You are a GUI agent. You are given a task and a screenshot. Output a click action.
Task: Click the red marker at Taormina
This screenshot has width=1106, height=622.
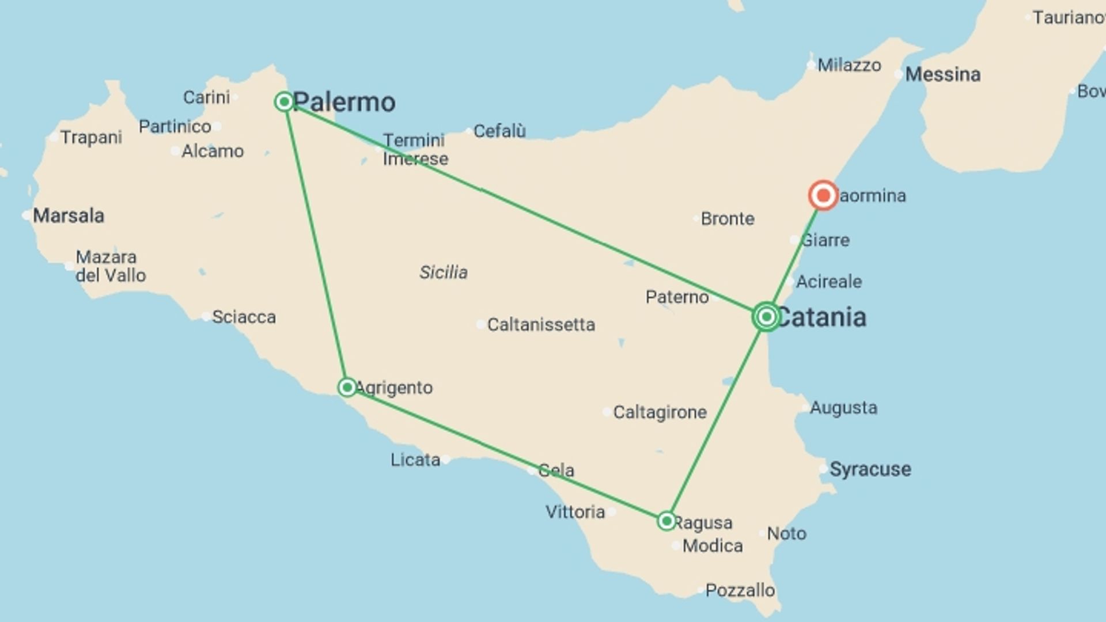click(823, 196)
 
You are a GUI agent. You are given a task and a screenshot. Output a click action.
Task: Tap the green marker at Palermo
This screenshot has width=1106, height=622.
click(284, 102)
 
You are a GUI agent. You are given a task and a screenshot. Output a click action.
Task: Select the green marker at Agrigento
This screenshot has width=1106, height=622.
click(347, 387)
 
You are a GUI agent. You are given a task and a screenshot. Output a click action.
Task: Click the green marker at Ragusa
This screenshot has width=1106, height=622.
click(666, 521)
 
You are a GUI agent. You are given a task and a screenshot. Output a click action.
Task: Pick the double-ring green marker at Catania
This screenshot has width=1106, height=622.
click(766, 316)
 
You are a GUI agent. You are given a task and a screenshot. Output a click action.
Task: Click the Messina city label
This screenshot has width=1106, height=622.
click(942, 74)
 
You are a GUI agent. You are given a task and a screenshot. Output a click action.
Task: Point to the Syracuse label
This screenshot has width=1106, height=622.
click(870, 469)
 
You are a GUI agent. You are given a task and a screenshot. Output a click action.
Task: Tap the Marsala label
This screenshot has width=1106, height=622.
click(69, 216)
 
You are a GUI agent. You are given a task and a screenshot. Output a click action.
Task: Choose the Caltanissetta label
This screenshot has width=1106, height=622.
click(541, 325)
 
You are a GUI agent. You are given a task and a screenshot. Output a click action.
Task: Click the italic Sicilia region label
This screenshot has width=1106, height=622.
click(443, 272)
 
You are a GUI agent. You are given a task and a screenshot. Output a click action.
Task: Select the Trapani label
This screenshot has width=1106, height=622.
click(91, 138)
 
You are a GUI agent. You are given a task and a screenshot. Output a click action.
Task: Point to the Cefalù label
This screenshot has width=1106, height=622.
click(499, 131)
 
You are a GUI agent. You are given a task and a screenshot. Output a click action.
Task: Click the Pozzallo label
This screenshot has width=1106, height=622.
click(740, 590)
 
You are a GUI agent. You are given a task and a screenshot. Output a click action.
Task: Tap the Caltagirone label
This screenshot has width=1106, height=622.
click(660, 412)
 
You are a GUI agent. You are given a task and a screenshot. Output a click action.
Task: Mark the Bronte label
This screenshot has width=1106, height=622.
click(728, 219)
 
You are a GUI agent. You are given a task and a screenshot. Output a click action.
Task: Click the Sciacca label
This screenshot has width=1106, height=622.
click(244, 317)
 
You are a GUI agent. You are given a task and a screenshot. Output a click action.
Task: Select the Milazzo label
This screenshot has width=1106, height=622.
click(849, 65)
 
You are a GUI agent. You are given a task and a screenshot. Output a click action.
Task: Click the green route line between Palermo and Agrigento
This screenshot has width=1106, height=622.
click(315, 244)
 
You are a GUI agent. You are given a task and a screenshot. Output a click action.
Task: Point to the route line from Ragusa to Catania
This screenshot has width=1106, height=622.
click(716, 419)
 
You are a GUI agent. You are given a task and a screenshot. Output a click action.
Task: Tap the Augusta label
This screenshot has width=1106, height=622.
click(843, 408)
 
